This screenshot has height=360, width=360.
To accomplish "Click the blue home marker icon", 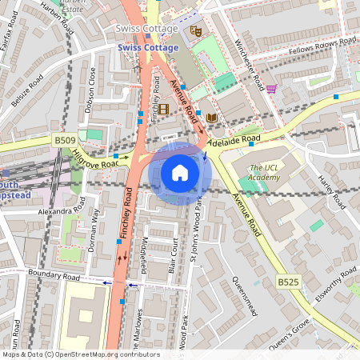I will (180, 173).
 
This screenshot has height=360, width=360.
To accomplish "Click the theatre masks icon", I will (194, 32).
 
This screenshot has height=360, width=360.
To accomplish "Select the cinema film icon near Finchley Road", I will (164, 109).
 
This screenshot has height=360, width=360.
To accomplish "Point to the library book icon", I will (211, 118).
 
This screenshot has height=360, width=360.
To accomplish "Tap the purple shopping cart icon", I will (271, 89).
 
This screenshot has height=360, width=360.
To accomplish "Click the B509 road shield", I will (66, 140).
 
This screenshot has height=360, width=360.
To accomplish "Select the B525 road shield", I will (289, 282).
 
